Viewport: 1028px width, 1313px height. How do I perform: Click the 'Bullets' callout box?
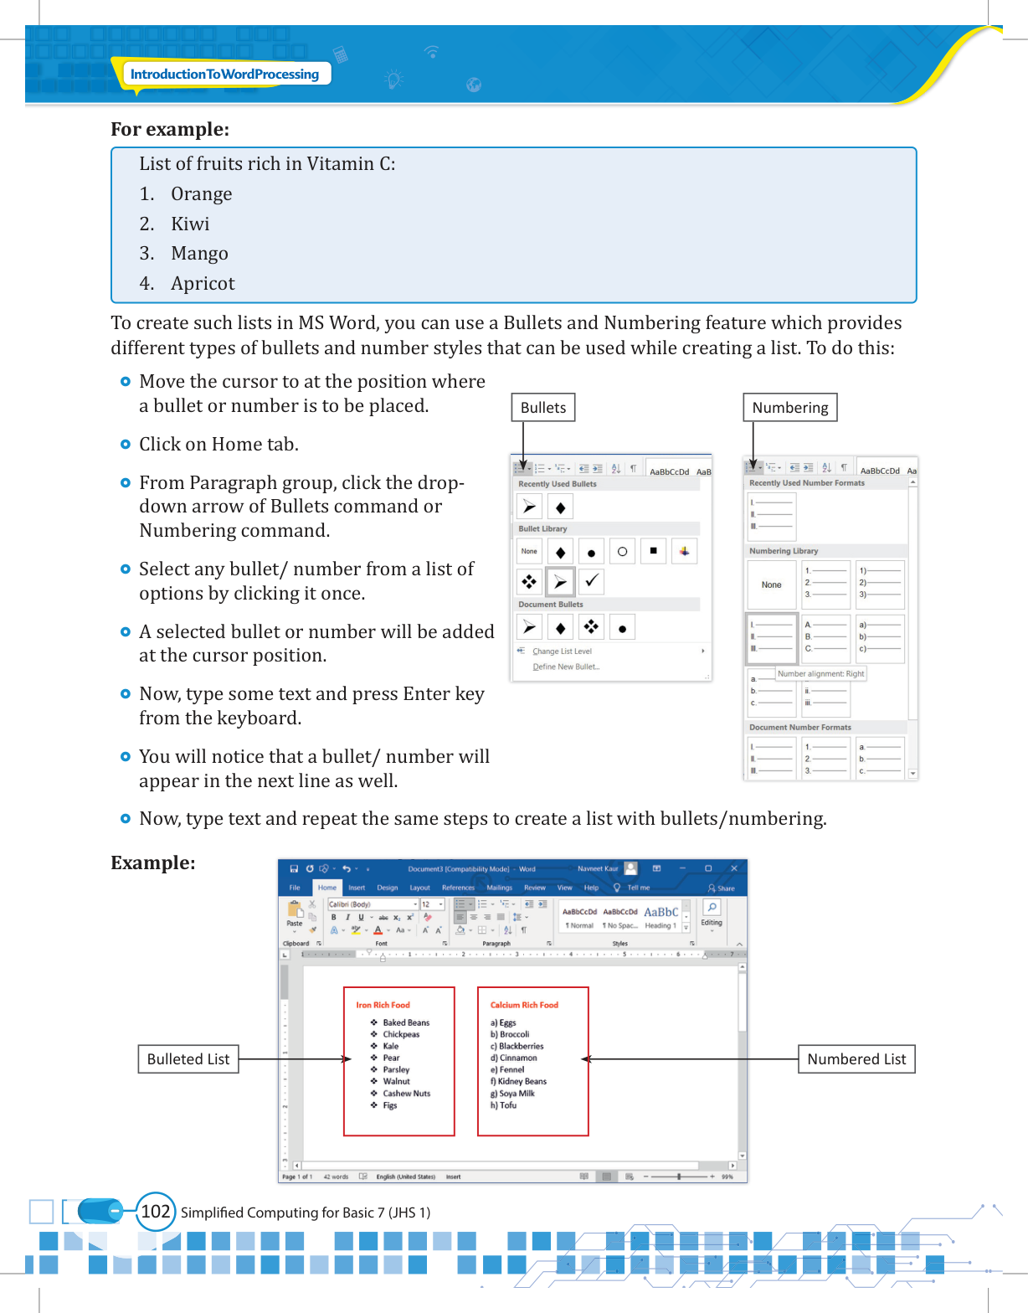click(x=543, y=408)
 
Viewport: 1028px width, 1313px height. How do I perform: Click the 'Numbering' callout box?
click(x=789, y=408)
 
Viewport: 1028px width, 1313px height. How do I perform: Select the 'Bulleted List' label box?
click(x=188, y=1059)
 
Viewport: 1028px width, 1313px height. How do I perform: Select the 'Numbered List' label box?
click(x=856, y=1059)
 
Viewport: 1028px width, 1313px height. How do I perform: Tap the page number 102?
click(x=156, y=1212)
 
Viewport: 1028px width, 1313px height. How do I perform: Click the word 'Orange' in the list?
click(x=202, y=194)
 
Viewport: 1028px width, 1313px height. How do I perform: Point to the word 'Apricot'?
click(x=203, y=284)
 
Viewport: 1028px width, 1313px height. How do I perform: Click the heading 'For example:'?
click(x=170, y=130)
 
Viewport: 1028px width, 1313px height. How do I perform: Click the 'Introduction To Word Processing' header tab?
click(x=224, y=74)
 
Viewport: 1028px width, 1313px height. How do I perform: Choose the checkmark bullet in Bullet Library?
click(x=591, y=580)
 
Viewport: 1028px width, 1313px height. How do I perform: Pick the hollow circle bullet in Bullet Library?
click(x=622, y=552)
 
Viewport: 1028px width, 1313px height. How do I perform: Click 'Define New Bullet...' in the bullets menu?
click(x=566, y=667)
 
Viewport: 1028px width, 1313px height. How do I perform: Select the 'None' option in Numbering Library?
click(x=771, y=584)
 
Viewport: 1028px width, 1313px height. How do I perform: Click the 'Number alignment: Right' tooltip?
click(x=820, y=673)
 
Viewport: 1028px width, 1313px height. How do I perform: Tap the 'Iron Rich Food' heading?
click(x=383, y=1005)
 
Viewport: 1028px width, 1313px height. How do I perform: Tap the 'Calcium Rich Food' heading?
click(x=524, y=1005)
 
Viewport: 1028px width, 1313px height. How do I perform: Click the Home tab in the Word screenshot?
click(x=326, y=888)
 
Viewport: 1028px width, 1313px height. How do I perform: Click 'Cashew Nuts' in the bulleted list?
click(x=407, y=1094)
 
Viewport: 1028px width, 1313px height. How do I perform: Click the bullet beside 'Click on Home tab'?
click(x=126, y=445)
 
